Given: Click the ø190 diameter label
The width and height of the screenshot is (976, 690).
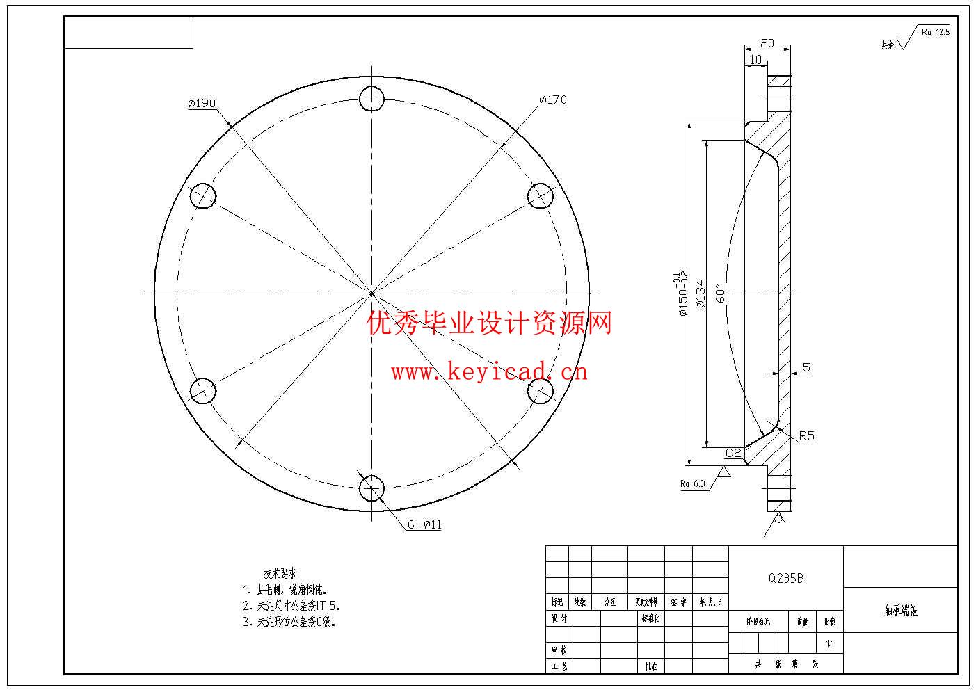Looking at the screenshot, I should point(202,103).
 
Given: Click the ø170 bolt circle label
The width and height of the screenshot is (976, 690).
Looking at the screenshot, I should point(552,99).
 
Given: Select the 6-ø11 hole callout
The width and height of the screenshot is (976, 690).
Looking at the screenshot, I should point(424,524).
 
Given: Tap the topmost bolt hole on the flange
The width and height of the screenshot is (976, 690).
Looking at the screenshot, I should point(372,98).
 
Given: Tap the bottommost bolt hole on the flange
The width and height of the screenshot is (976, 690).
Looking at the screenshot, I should point(372,488).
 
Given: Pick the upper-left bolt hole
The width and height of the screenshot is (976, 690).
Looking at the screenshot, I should point(203,195).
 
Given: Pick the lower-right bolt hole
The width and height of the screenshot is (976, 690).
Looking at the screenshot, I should point(541,391).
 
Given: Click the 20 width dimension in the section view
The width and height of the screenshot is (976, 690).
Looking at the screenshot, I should point(767,43).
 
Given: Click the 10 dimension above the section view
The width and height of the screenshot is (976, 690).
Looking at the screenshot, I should point(755,60).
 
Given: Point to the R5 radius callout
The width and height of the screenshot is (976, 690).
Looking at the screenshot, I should point(806,436).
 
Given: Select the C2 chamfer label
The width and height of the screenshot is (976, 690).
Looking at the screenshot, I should point(733,454).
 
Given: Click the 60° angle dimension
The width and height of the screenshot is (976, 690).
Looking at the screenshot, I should point(721,294).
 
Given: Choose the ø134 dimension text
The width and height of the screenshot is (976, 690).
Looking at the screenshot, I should point(700,294).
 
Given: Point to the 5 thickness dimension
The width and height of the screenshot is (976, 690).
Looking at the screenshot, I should point(806,367).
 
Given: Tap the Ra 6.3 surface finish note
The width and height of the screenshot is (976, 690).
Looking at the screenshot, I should point(693,483).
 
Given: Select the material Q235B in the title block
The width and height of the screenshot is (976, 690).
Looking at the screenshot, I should point(785,578).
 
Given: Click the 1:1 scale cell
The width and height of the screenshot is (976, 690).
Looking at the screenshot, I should point(830,643).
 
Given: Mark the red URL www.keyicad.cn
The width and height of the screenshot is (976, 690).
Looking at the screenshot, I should point(489,372).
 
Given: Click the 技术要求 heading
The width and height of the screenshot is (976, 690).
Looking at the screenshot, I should point(280,573).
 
